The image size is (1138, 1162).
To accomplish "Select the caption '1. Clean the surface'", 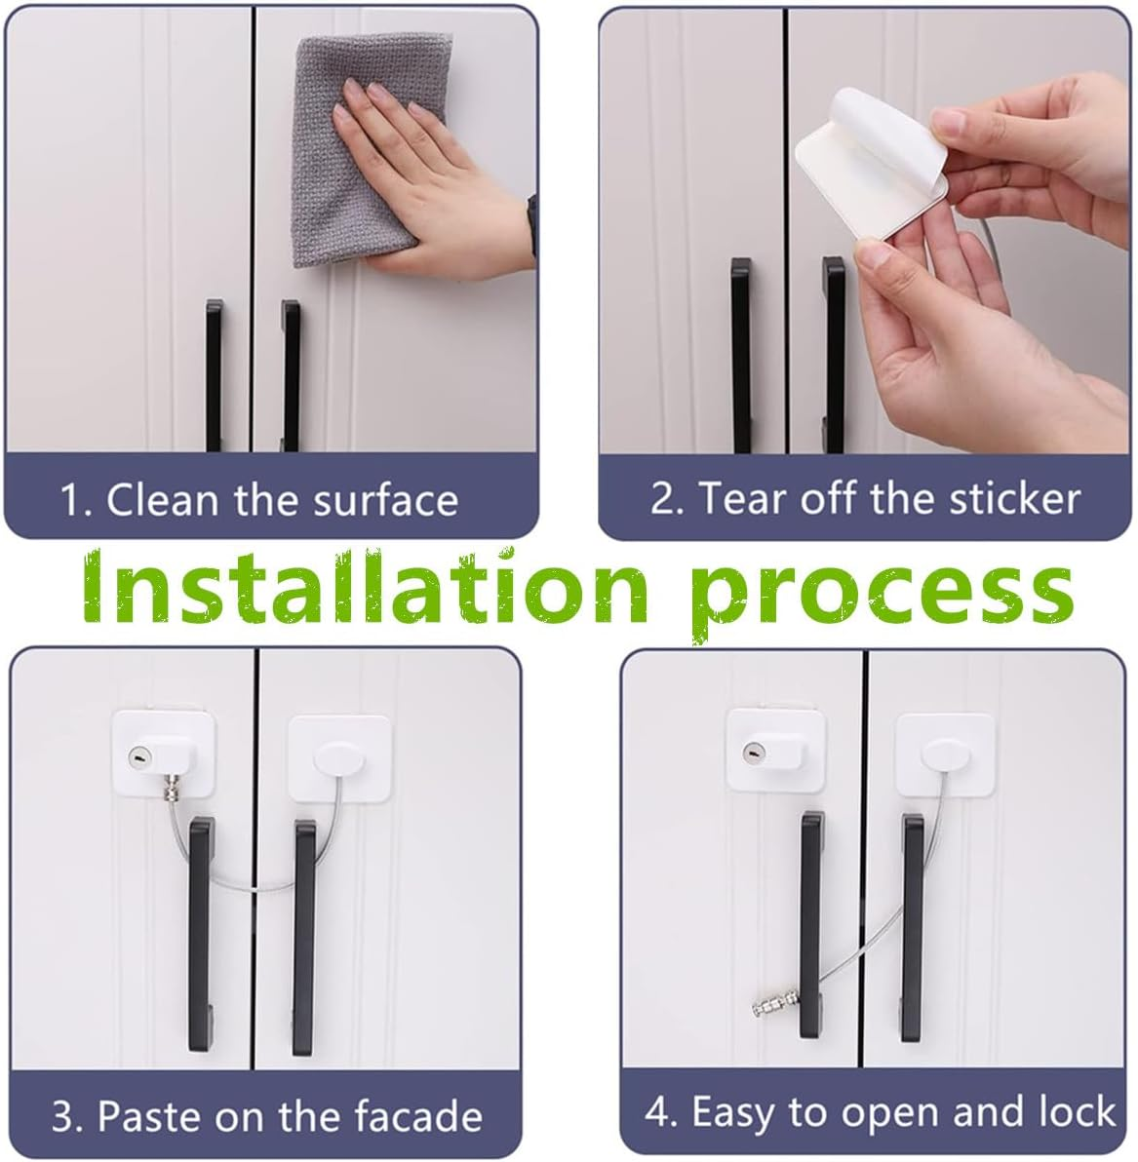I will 259,500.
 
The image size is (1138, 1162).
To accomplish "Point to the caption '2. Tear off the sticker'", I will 865,498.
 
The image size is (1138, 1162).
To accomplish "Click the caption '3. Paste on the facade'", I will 266,1115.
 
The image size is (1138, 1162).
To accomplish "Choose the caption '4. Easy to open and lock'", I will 880,1112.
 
